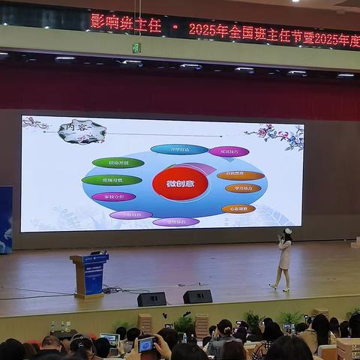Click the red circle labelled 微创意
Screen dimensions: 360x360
(x=180, y=184)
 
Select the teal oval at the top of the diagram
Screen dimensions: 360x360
(x=179, y=149)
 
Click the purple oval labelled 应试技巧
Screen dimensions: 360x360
(x=229, y=151)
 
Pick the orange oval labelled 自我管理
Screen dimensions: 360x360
(x=240, y=175)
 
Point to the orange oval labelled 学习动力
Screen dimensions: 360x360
(x=243, y=189)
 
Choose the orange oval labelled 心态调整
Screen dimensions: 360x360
(x=238, y=208)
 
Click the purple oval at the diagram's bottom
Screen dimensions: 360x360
(x=176, y=222)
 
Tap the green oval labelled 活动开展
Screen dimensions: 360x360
(x=118, y=163)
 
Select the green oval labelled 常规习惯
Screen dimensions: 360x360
(x=112, y=180)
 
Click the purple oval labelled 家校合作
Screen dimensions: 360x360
(x=114, y=196)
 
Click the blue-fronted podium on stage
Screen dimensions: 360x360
(x=91, y=274)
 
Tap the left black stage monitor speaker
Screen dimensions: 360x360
(x=151, y=299)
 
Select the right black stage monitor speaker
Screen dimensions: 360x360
(x=197, y=297)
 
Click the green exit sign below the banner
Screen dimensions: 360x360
(x=136, y=47)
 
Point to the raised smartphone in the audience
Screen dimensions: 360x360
(x=146, y=344)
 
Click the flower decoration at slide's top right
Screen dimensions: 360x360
(x=282, y=135)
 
